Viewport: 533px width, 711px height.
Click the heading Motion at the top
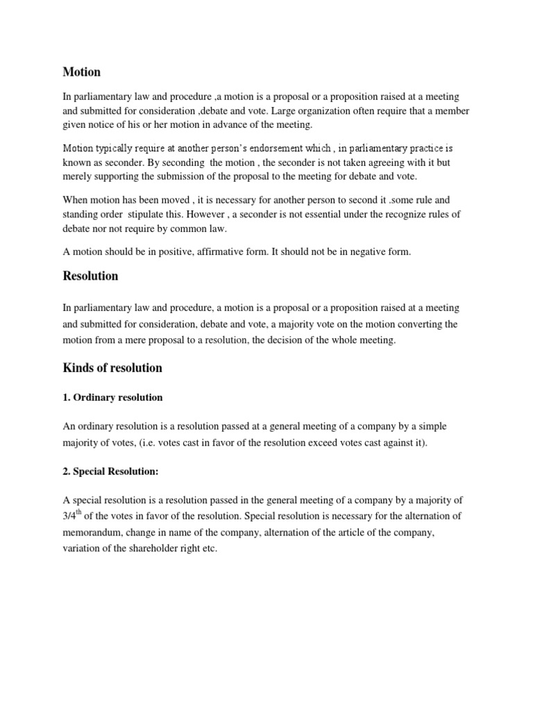pos(81,72)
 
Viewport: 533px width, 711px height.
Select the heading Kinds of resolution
pos(112,368)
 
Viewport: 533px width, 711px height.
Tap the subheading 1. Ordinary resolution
pos(112,398)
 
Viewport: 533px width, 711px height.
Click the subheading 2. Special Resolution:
pos(111,471)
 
